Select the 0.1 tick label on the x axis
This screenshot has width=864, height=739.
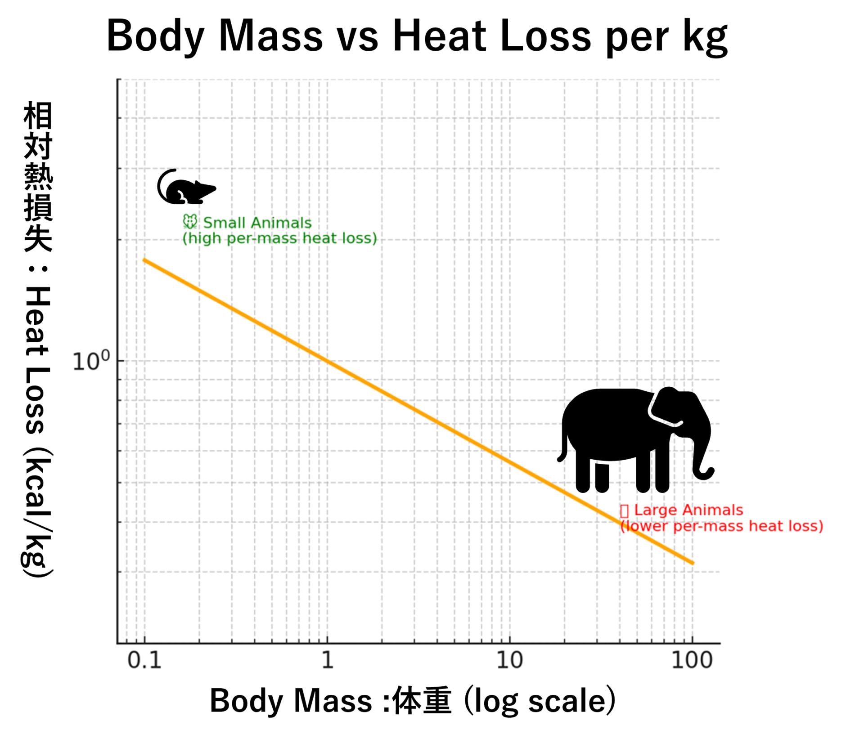point(144,660)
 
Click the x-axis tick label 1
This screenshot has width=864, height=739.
point(327,660)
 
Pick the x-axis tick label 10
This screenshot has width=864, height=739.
point(509,660)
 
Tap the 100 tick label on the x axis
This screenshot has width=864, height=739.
point(692,660)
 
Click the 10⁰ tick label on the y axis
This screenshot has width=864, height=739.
point(91,361)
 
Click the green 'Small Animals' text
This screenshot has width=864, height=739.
point(257,223)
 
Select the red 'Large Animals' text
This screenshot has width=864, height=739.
point(688,510)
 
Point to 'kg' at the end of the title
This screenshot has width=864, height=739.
point(705,38)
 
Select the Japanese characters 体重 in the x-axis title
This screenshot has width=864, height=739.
point(421,701)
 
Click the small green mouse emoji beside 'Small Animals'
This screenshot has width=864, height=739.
point(190,222)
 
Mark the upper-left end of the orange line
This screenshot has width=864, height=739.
point(144,260)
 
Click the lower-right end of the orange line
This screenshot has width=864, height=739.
point(693,563)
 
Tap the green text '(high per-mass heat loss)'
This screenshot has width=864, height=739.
point(279,238)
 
